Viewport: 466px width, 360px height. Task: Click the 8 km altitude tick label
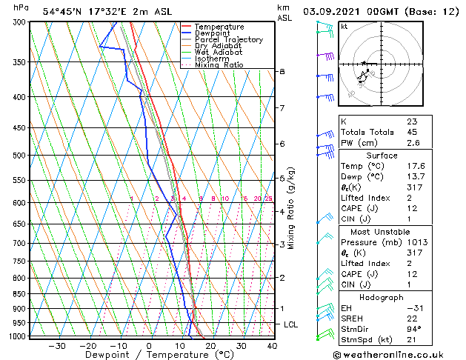pyautogui.click(x=282, y=71)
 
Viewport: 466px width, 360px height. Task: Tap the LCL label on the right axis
pyautogui.click(x=291, y=324)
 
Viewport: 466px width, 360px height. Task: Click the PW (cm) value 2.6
pyautogui.click(x=413, y=144)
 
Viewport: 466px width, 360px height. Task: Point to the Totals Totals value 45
pyautogui.click(x=412, y=133)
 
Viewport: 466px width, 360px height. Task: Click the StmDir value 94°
pyautogui.click(x=414, y=329)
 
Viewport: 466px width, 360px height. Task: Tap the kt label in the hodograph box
pyautogui.click(x=344, y=27)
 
